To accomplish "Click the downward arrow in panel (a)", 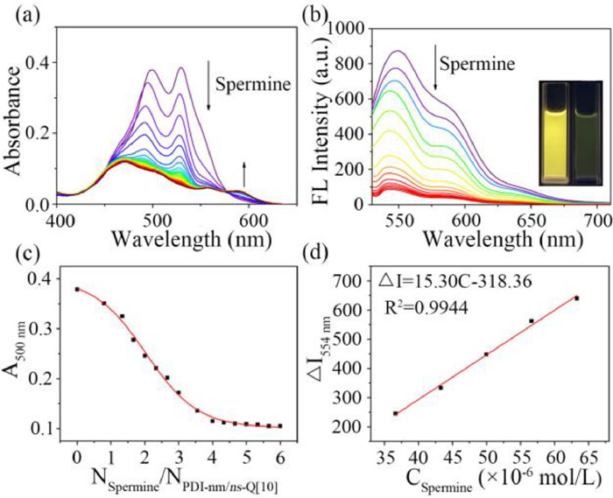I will coord(208,92).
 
